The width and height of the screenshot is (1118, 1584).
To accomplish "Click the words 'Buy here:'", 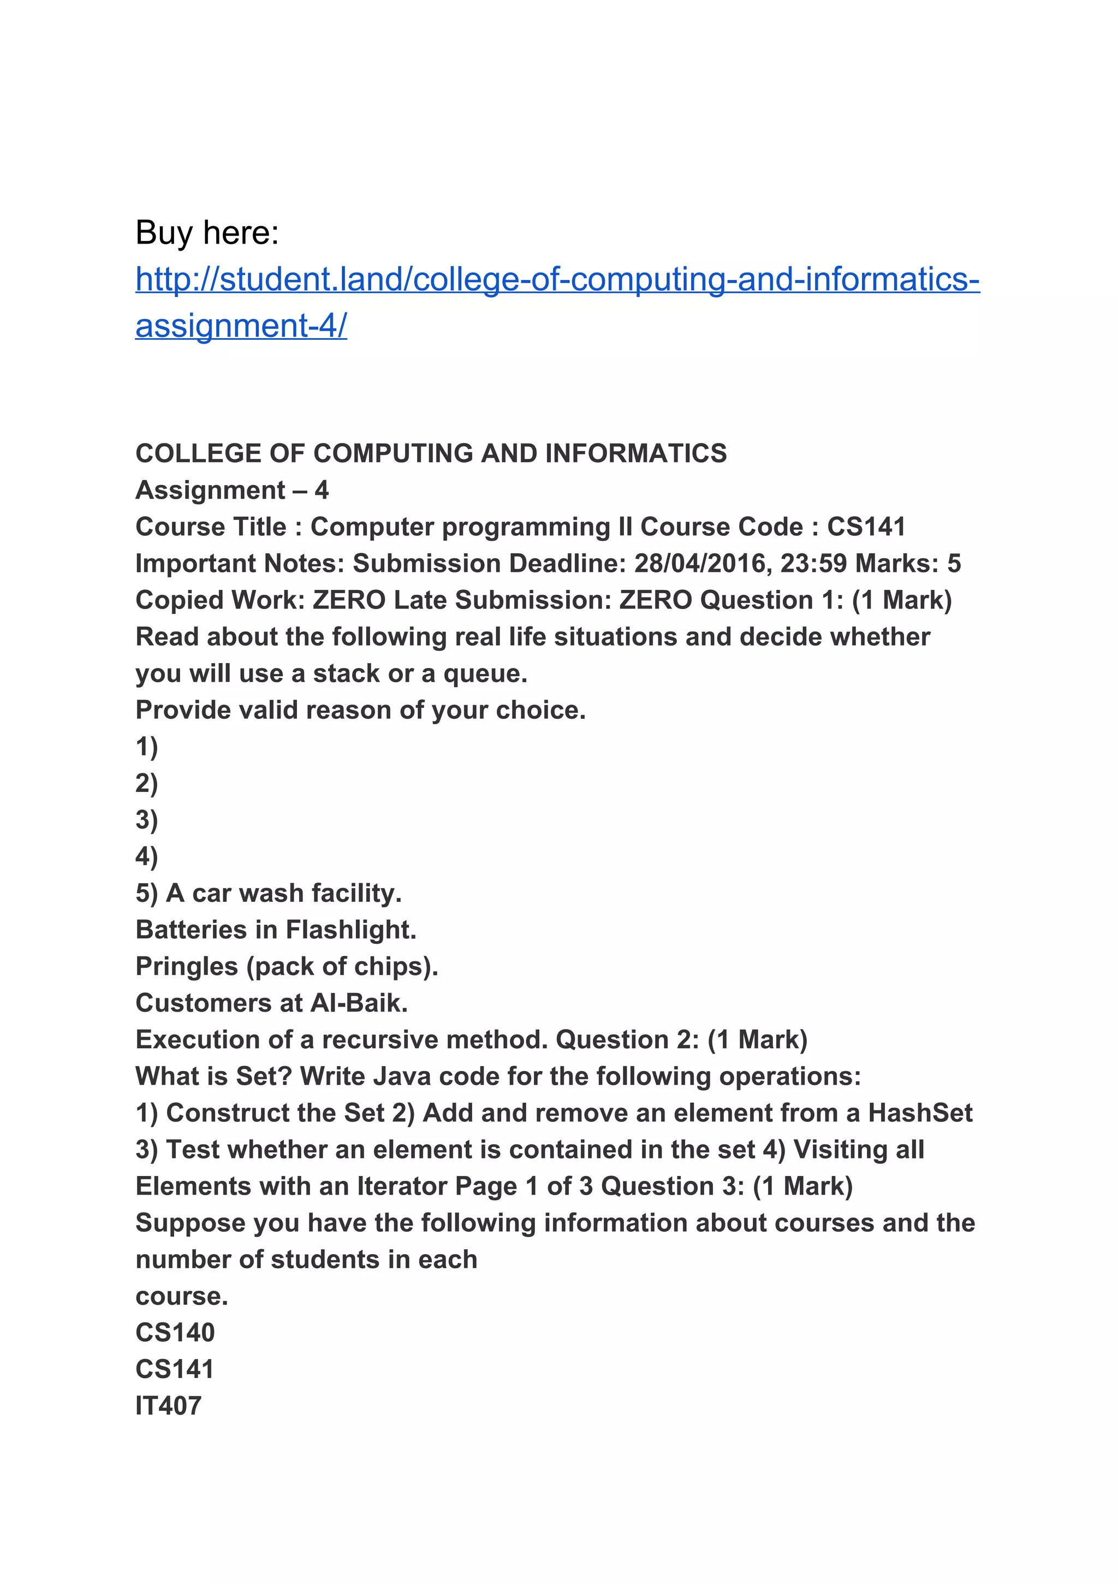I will click(207, 233).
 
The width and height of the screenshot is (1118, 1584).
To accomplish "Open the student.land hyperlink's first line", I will click(557, 280).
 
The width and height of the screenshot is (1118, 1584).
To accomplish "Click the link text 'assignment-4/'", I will click(241, 326).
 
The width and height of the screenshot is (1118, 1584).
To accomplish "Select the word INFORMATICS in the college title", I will click(635, 453).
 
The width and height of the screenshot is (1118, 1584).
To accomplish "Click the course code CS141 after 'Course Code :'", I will click(866, 527).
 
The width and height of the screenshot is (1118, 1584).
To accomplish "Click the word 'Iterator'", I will click(402, 1186).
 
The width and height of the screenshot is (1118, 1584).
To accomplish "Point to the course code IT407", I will click(168, 1406).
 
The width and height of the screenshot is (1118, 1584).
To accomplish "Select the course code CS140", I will click(175, 1333).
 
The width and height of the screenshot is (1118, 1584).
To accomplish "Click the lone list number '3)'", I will click(147, 820).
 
